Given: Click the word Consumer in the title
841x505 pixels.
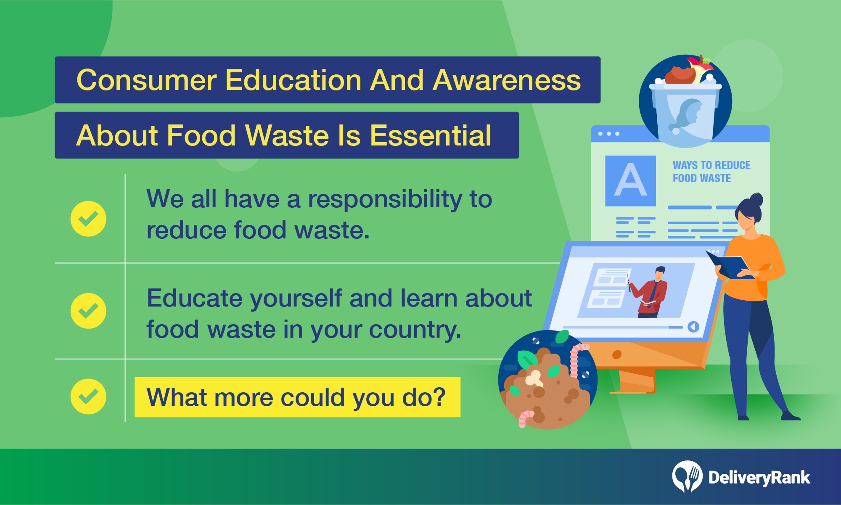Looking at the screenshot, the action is click(147, 80).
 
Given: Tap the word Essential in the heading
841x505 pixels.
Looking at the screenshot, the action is click(431, 135).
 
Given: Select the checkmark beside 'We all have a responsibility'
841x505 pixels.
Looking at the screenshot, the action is click(88, 219).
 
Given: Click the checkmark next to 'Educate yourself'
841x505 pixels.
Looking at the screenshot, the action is click(88, 311).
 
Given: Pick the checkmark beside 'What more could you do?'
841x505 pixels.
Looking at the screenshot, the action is click(88, 397).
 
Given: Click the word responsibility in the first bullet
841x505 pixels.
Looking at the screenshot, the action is click(385, 200).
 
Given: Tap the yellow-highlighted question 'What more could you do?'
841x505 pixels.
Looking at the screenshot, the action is click(297, 397).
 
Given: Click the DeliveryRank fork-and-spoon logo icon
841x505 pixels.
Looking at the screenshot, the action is click(687, 476).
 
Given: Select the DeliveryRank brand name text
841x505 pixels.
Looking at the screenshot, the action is click(759, 478).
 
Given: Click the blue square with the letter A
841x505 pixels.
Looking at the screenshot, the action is click(630, 181).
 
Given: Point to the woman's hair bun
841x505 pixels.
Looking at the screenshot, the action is click(756, 199).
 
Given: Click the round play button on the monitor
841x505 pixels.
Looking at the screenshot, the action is click(693, 327).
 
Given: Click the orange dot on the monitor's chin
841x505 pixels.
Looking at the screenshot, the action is click(617, 354).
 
